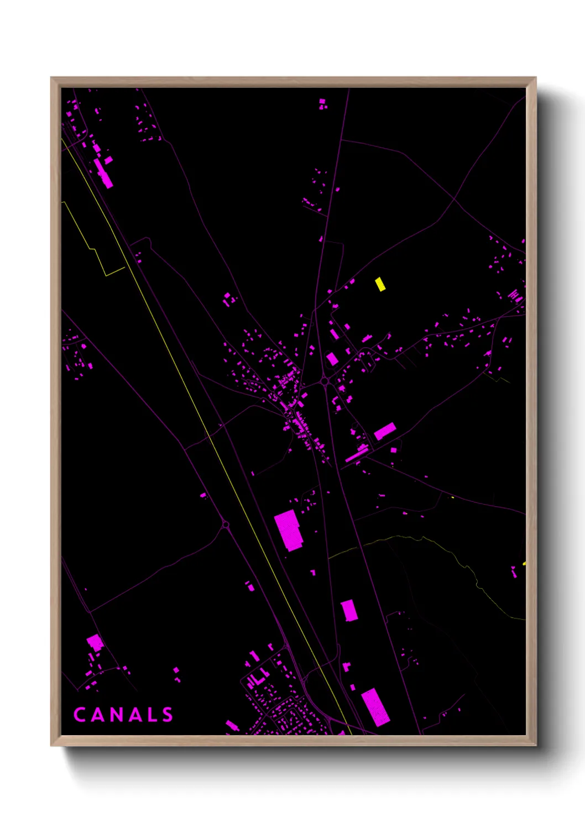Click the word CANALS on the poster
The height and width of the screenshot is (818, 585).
pos(123,715)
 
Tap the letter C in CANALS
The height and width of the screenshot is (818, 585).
pos(79,715)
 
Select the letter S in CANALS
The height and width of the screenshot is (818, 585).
pos(168,715)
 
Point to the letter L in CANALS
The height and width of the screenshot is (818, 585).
pos(151,715)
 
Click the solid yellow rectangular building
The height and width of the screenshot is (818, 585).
pos(380,284)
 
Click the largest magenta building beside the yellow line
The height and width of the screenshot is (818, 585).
pos(288,530)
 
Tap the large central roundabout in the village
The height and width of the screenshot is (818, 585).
pos(325,381)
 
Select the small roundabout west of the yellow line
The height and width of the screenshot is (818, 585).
pos(225,525)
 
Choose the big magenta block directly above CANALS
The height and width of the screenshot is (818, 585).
pos(95,642)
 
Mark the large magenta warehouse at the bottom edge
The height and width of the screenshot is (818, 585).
pos(375,706)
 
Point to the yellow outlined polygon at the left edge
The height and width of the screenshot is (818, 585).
pos(91,240)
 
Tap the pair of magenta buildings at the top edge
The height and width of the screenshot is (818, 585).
pos(322,104)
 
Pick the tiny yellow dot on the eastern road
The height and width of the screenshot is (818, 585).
pos(453,497)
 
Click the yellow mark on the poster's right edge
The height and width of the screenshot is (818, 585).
pos(524,563)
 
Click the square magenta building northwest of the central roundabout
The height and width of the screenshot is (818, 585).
pos(332,359)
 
